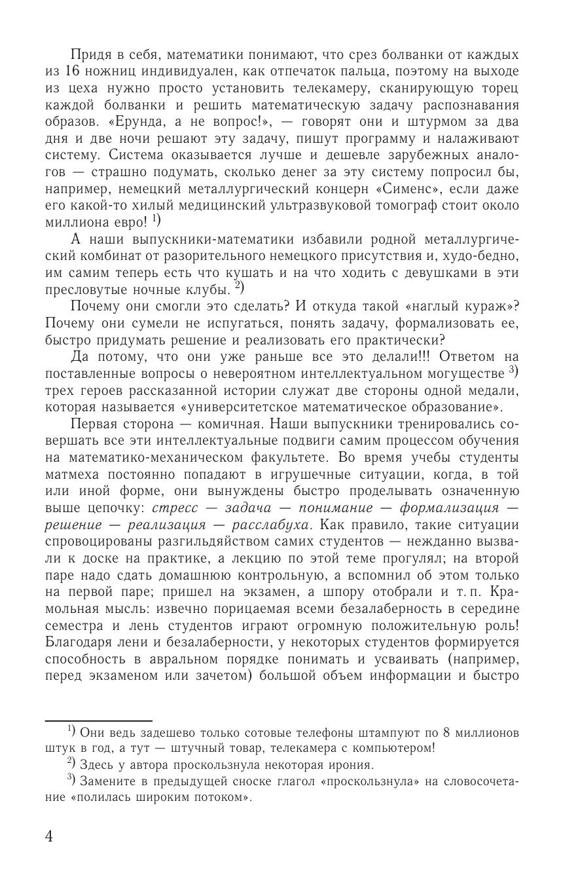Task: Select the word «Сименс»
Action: point(397,190)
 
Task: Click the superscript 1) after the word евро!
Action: point(157,220)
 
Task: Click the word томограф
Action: point(418,206)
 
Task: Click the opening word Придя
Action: point(92,54)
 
